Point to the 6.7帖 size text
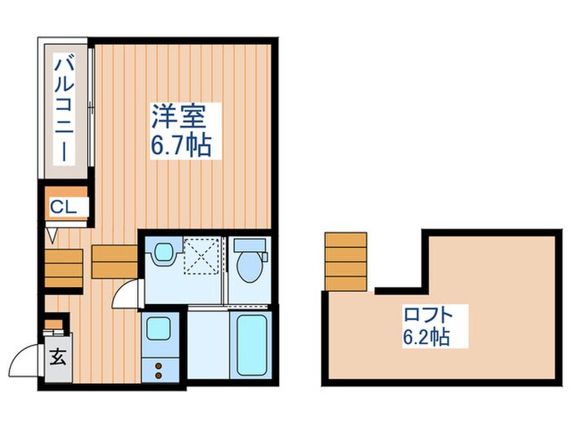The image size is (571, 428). pos(180,146)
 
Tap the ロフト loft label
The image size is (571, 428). pos(425,313)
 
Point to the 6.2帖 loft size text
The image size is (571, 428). pos(426,334)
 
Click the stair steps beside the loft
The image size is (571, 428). pos(345,262)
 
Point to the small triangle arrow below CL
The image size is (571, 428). pos(52,236)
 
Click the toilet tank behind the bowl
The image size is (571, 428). pos(248,244)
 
